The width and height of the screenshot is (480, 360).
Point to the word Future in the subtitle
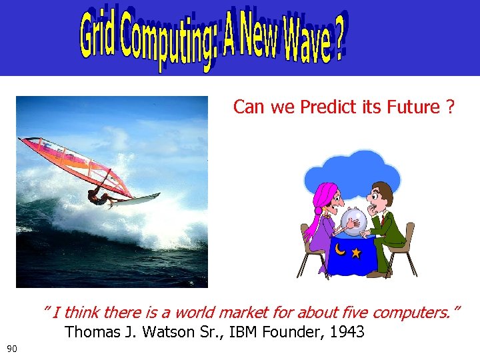(412, 107)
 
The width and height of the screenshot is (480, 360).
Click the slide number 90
(11, 349)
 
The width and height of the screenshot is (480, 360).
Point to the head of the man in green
(382, 195)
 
